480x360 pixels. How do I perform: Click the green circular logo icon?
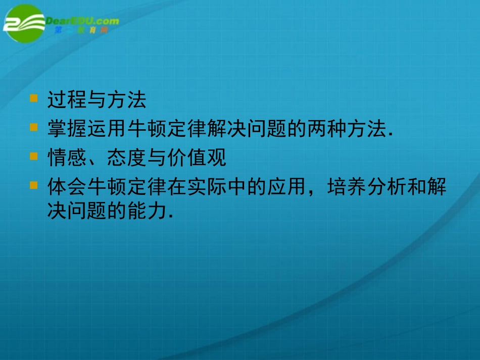(x=24, y=24)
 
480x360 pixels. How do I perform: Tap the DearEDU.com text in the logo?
(x=82, y=21)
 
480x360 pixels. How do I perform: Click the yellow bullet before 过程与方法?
(x=34, y=98)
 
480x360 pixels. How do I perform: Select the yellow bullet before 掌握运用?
(x=34, y=127)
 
